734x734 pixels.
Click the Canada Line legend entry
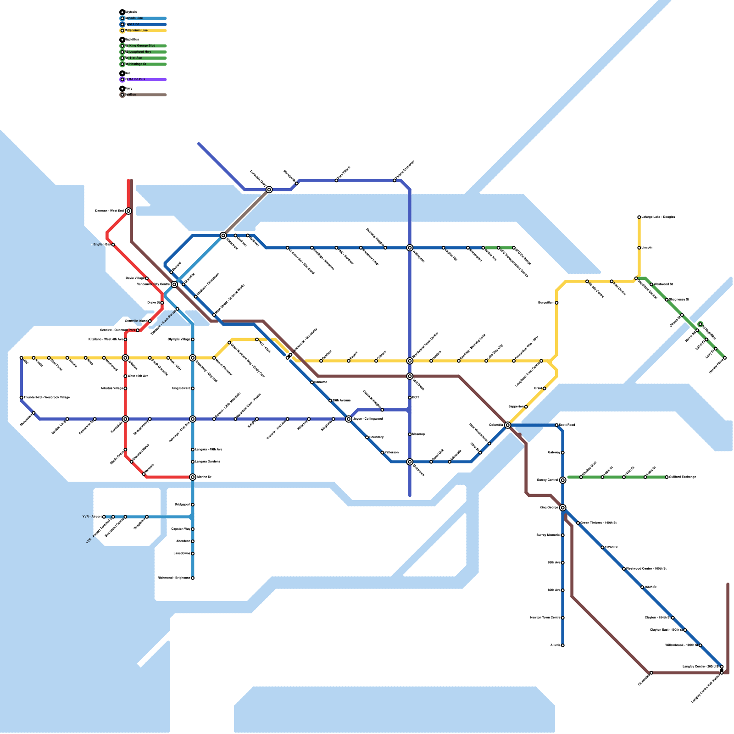click(x=134, y=18)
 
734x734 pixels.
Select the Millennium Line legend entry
click(x=137, y=31)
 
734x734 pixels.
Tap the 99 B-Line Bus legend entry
click(x=136, y=79)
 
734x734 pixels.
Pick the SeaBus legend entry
click(x=131, y=95)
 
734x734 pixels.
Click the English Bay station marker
click(x=113, y=245)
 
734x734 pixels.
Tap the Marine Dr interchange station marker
click(x=193, y=477)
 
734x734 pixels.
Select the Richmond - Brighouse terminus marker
click(x=193, y=578)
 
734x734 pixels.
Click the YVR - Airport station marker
click(x=104, y=517)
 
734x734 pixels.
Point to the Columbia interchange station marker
click(x=507, y=425)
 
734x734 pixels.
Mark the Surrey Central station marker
click(x=563, y=480)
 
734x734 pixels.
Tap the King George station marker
click(x=563, y=508)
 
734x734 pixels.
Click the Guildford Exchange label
click(x=683, y=477)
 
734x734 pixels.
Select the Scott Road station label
click(x=567, y=425)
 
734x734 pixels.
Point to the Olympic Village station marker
click(x=193, y=339)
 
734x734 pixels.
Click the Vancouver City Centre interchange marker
click(x=174, y=284)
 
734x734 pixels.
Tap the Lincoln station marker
click(x=639, y=248)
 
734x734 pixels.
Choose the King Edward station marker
click(x=193, y=389)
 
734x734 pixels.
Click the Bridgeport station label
click(x=182, y=505)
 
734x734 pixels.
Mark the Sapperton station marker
click(x=526, y=407)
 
